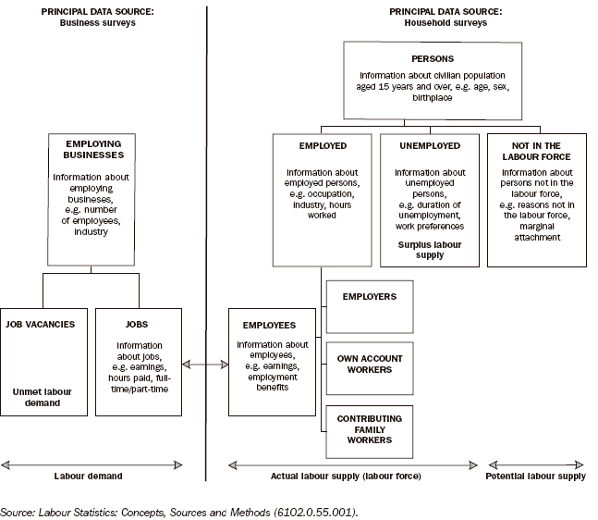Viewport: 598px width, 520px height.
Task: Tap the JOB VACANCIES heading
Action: tap(41, 325)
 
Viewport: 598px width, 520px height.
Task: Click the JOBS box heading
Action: tap(138, 325)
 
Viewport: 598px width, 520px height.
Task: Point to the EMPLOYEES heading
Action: tap(269, 326)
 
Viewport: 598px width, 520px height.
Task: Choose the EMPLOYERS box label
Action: tap(369, 297)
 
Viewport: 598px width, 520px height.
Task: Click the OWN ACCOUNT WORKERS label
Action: tap(369, 363)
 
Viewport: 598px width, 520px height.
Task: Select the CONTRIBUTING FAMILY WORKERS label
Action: tap(369, 429)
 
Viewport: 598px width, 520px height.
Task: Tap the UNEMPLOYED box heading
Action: tap(429, 145)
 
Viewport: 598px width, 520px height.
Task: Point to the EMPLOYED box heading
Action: tap(323, 145)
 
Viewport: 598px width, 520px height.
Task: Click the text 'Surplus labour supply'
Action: tap(429, 249)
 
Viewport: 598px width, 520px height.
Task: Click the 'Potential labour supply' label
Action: tap(536, 477)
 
